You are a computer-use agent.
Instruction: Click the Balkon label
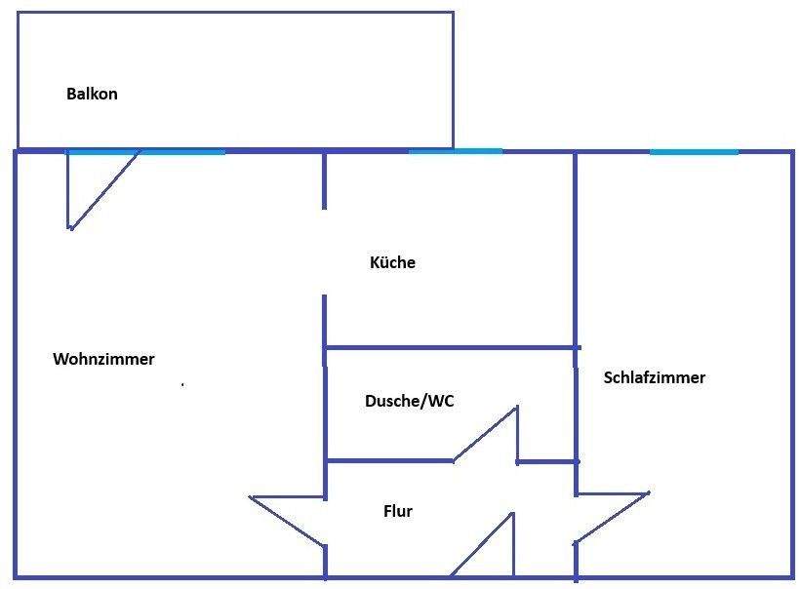click(92, 95)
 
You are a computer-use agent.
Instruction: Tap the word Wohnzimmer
click(103, 359)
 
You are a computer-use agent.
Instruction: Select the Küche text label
click(392, 262)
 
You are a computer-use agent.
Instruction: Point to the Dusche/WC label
click(409, 401)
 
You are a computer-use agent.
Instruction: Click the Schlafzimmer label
click(654, 377)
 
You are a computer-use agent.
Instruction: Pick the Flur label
click(397, 511)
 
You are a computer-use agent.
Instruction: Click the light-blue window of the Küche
click(455, 151)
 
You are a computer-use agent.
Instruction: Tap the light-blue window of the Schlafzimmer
click(694, 151)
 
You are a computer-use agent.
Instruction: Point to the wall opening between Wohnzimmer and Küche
click(325, 252)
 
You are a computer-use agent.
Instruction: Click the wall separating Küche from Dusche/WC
click(449, 347)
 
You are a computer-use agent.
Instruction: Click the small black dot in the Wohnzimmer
click(182, 385)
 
